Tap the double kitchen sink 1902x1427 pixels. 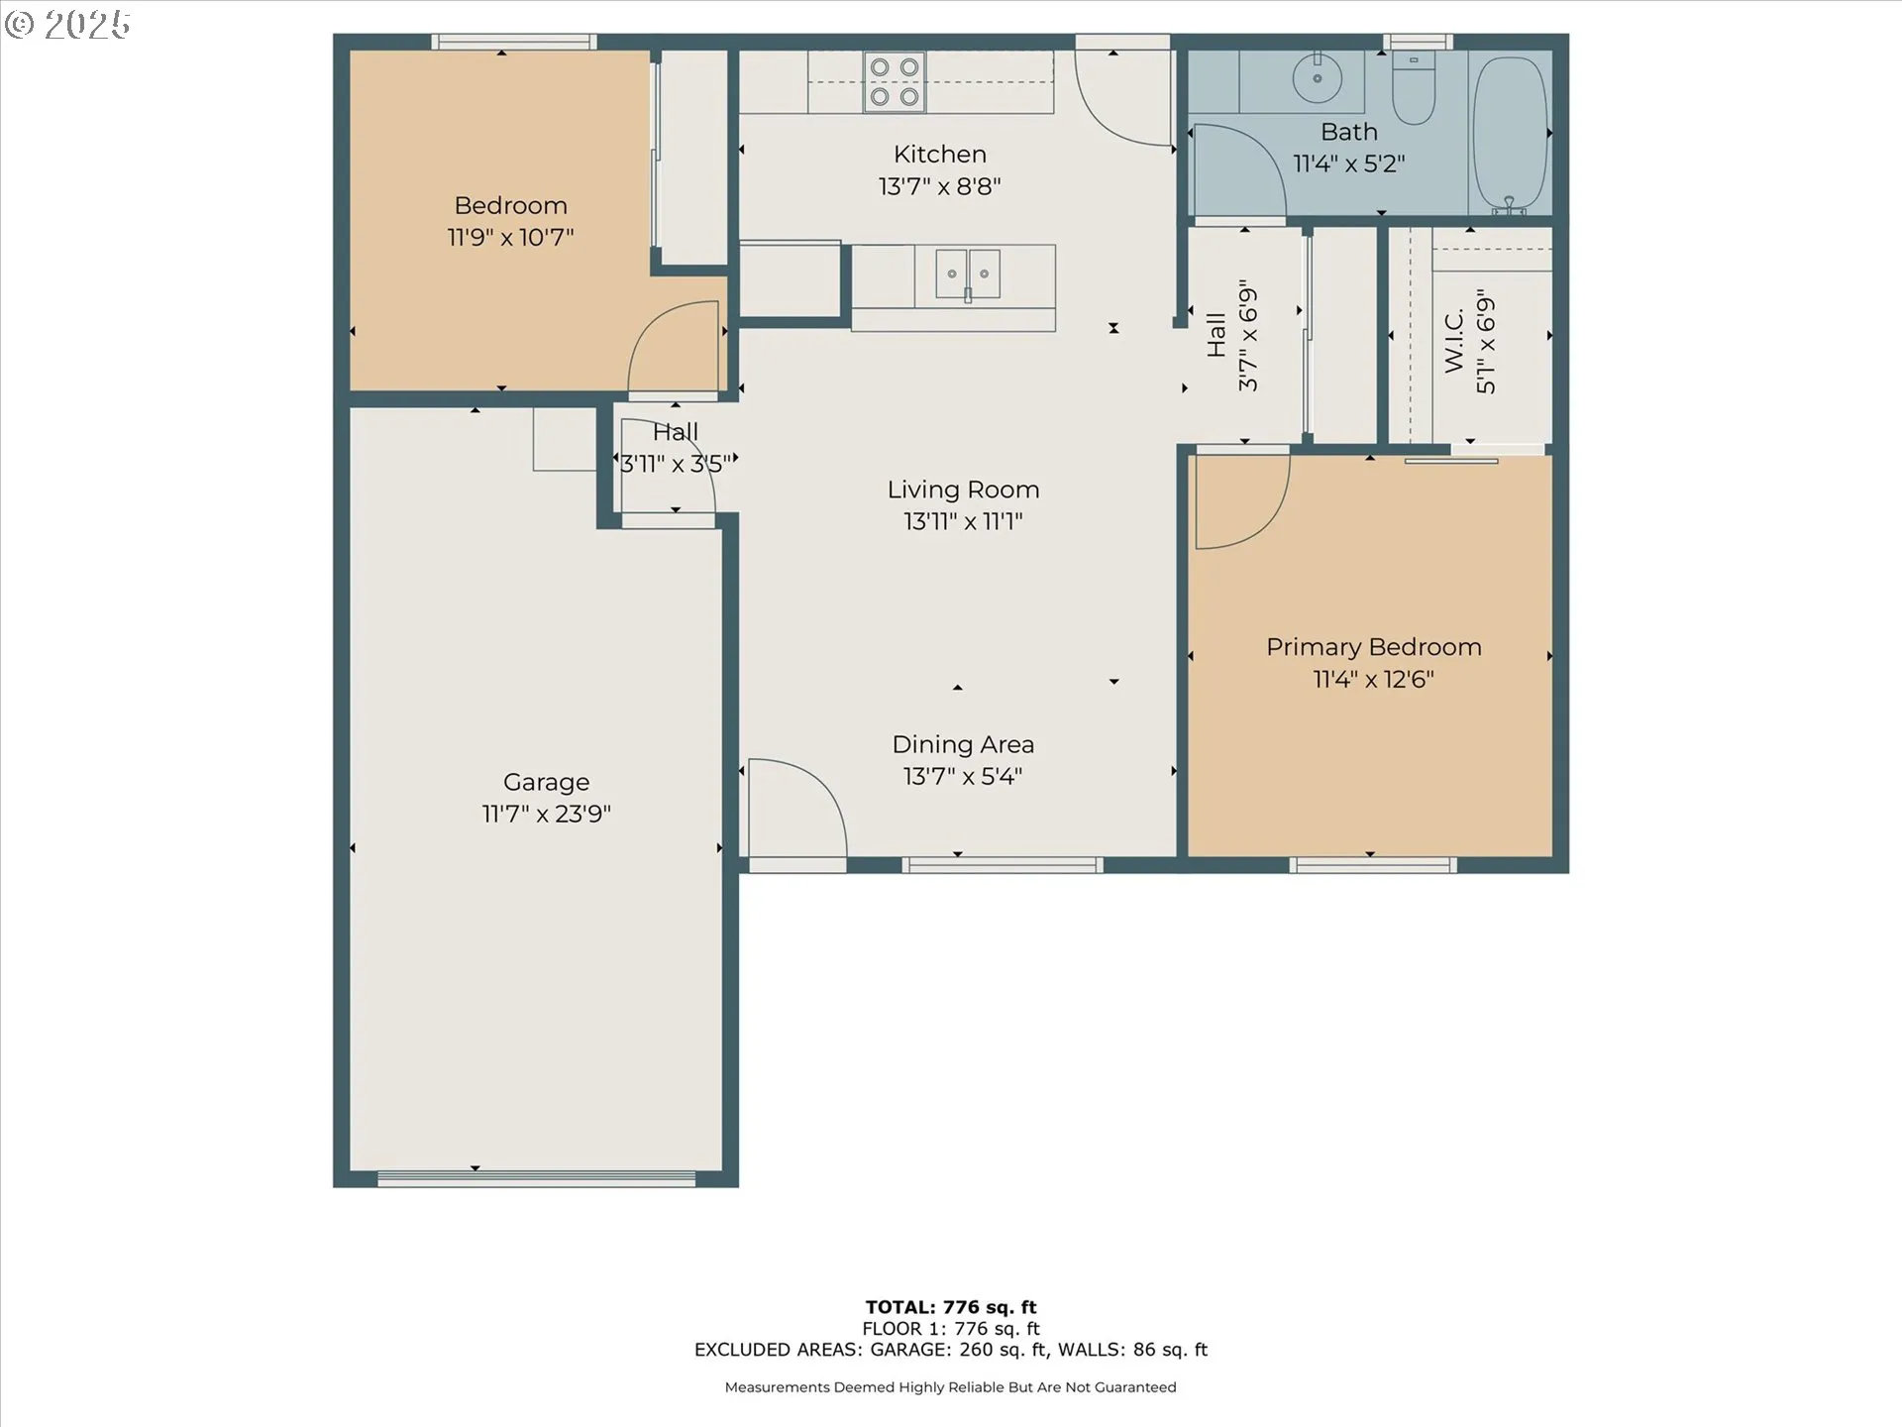[968, 274]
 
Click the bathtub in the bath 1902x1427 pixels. [1511, 135]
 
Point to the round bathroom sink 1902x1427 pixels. [1317, 78]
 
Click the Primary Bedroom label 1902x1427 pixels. [1374, 647]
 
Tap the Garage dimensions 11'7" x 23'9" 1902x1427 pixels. [546, 814]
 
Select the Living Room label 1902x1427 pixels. [963, 490]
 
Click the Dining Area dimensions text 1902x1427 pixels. [962, 776]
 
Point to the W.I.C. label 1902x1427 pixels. [1454, 341]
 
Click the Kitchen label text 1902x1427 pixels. [940, 154]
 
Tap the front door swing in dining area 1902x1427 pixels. [797, 806]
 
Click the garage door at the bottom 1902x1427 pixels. [537, 1178]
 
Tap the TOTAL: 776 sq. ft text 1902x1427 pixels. [951, 1307]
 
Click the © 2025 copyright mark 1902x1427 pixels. [67, 25]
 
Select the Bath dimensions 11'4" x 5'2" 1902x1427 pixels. [1349, 164]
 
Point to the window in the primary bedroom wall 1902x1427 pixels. [1373, 865]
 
